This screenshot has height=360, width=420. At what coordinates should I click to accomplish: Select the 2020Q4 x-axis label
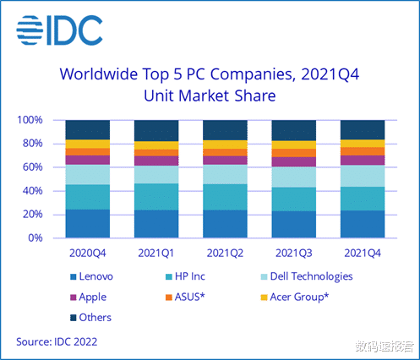(87, 252)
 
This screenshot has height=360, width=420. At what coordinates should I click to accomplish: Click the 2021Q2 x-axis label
(224, 252)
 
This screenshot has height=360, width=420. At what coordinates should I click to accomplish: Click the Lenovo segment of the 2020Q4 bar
(87, 223)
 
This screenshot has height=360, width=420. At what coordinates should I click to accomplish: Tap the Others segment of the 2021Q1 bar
(155, 130)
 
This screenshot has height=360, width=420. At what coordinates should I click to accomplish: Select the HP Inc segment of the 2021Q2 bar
(224, 196)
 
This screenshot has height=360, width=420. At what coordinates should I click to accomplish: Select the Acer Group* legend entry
(304, 297)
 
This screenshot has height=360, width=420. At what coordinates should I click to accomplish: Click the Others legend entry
(94, 318)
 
